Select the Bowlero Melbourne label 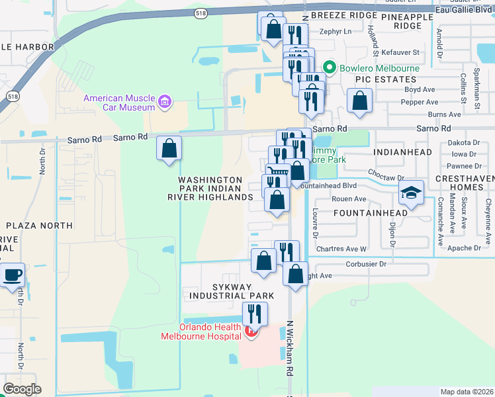[380, 68]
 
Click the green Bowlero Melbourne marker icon [329, 68]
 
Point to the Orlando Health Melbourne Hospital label [201, 331]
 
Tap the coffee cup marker [11, 275]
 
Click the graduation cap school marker [411, 193]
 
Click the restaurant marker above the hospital [254, 314]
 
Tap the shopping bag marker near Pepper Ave [359, 101]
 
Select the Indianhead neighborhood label [402, 152]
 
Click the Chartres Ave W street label [341, 249]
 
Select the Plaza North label [37, 226]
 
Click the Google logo [22, 389]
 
